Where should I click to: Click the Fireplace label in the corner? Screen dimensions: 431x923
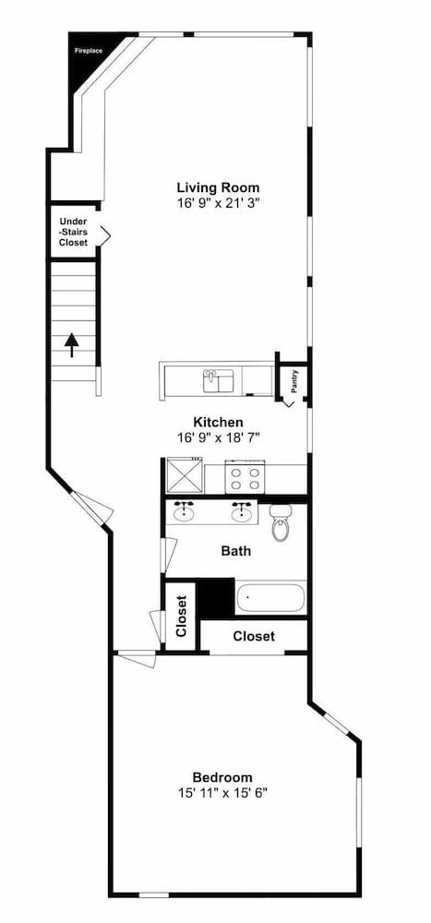click(x=89, y=51)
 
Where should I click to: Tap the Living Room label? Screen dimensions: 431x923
click(x=219, y=187)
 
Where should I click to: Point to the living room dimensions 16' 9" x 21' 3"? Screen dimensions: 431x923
click(x=219, y=203)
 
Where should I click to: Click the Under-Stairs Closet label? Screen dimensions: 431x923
click(x=73, y=232)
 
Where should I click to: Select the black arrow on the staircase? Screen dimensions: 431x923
click(x=72, y=345)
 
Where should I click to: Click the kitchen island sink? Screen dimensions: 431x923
click(x=219, y=380)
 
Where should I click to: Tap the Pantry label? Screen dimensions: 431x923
click(x=295, y=381)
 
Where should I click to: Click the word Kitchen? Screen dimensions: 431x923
click(x=219, y=422)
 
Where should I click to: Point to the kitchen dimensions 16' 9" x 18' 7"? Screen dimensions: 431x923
click(x=219, y=438)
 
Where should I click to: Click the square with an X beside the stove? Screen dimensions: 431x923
click(x=184, y=476)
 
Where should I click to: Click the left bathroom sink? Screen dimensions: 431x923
click(x=185, y=511)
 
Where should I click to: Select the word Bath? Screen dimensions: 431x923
click(x=236, y=552)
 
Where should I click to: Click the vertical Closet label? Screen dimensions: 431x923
click(x=181, y=617)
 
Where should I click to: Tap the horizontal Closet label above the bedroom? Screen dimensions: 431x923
click(x=254, y=636)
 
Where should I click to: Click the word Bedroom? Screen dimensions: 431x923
click(x=222, y=777)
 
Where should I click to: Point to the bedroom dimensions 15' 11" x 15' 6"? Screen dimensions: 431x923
click(x=222, y=793)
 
